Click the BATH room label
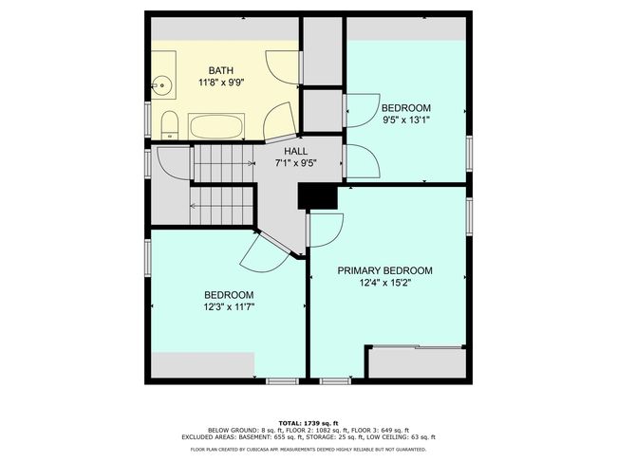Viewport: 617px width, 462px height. pos(221,71)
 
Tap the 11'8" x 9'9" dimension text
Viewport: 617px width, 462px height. pos(221,83)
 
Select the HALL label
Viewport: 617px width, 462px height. pos(296,152)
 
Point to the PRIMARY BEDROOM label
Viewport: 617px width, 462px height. pos(384,270)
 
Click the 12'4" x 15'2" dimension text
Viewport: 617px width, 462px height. pos(384,283)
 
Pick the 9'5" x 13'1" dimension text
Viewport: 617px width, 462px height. pos(406,120)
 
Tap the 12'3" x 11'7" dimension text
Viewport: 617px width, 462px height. pos(229,306)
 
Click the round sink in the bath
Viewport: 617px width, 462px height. pos(161,85)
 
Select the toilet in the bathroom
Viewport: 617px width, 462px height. pos(170,125)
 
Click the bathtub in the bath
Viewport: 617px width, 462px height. pos(216,126)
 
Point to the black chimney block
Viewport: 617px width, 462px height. pos(318,197)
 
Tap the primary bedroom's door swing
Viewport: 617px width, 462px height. pos(326,230)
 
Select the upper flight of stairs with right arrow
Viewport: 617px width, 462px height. pos(223,163)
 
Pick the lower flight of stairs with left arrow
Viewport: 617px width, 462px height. pos(221,206)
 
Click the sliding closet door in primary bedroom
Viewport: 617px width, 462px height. pos(417,347)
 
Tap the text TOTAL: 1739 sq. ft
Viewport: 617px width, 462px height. pos(308,423)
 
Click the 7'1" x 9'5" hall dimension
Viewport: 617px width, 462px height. pos(296,163)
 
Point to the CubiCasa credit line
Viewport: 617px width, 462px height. pos(308,449)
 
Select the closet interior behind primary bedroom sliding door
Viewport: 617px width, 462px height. pos(417,363)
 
